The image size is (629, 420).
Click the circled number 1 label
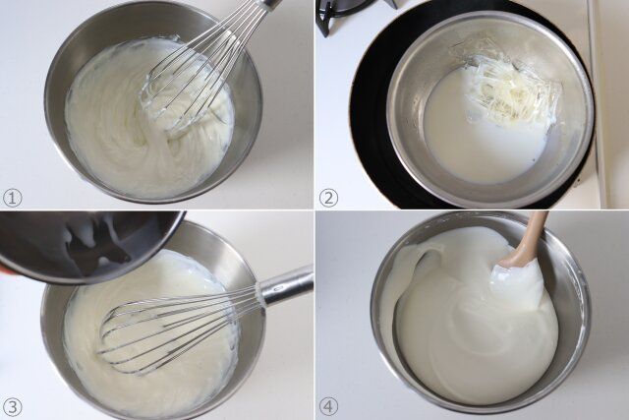pos(12,198)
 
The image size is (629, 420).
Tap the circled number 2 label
pos(328,198)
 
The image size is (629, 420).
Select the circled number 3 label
pos(13,407)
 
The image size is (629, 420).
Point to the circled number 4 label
pos(328,407)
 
